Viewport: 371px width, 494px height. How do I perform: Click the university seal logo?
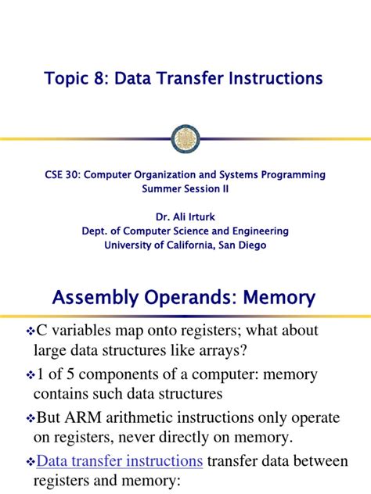pyautogui.click(x=185, y=138)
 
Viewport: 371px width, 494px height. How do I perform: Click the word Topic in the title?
pyautogui.click(x=69, y=79)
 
